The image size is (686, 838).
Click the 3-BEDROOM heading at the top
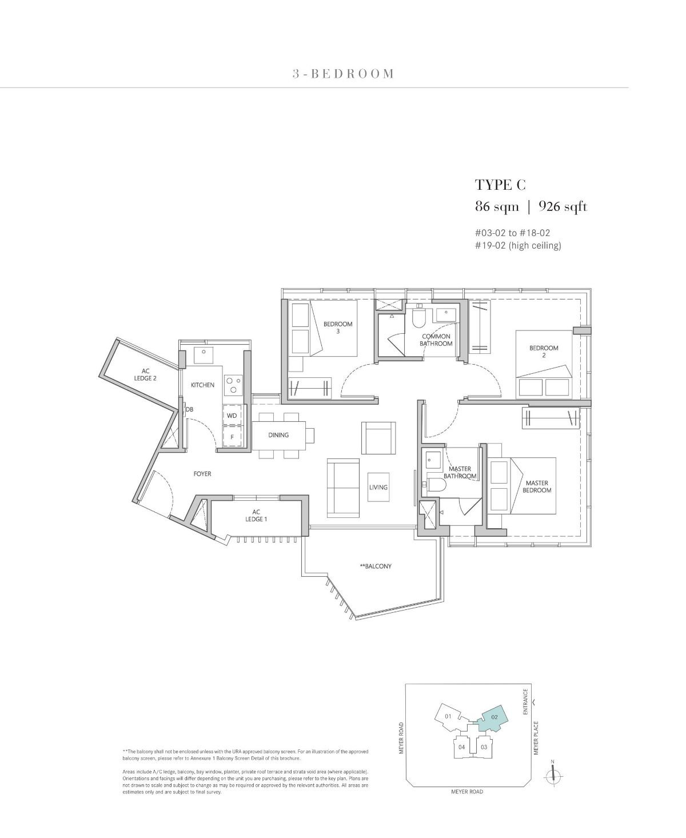tap(343, 74)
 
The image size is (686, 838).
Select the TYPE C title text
tap(500, 185)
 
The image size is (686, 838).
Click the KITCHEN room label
tap(203, 385)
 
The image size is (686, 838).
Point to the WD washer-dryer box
tap(232, 416)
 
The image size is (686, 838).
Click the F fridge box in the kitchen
tap(232, 437)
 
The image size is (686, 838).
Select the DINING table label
tap(278, 435)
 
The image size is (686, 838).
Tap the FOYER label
tap(202, 473)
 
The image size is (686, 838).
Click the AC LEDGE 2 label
tap(145, 374)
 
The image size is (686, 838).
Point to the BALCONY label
tap(376, 566)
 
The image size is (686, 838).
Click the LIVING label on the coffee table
tap(378, 487)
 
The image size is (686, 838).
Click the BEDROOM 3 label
tap(338, 327)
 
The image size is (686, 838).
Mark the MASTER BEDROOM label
tap(537, 486)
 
